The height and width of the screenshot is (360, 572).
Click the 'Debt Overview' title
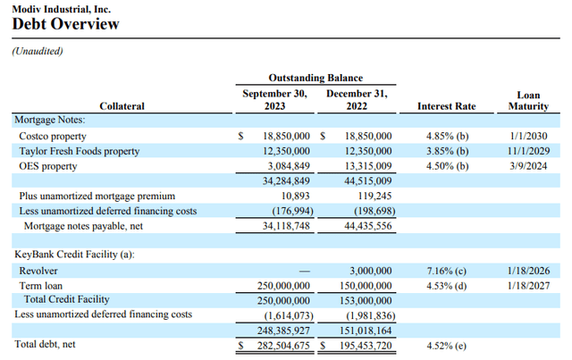coord(65,24)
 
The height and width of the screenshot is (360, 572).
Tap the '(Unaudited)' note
coord(38,52)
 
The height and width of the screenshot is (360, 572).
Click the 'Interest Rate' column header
coord(447,106)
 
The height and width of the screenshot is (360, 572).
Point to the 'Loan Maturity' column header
coord(528,100)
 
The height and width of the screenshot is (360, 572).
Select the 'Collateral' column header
coord(122,106)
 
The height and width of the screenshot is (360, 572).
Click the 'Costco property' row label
coord(53,136)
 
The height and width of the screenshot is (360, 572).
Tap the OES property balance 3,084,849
coord(284,165)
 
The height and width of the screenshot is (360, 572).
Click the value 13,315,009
coord(366,165)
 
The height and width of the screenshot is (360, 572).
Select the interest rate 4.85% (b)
coord(447,136)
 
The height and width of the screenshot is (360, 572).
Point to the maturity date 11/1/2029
coord(528,151)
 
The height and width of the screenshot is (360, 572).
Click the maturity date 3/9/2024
coord(528,165)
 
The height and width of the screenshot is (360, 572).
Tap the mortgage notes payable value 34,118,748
coord(282,226)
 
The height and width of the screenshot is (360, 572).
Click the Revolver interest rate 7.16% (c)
coord(447,270)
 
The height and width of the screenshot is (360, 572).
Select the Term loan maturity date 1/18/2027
coord(528,285)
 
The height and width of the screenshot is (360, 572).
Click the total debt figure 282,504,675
coord(280,345)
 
